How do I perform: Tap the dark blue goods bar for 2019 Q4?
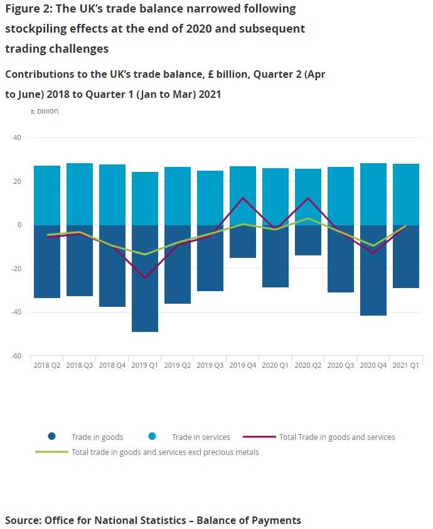(243, 242)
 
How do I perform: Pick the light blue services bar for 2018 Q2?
(47, 195)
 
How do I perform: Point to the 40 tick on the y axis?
(17, 137)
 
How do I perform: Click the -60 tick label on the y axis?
(15, 356)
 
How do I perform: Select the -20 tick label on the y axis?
(15, 269)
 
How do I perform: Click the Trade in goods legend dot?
(52, 437)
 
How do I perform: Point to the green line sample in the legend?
(52, 452)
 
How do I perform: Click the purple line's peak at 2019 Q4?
(243, 198)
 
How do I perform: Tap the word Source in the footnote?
(24, 520)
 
